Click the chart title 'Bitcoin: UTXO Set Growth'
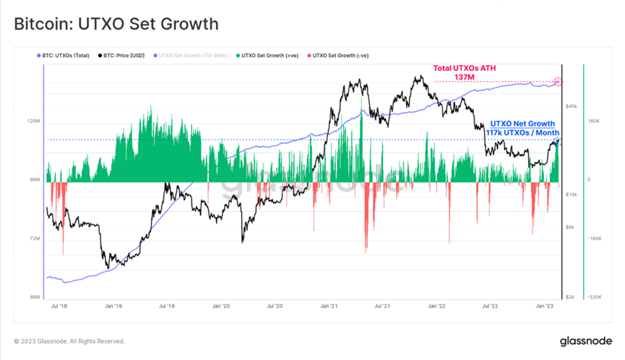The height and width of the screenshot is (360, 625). point(116,24)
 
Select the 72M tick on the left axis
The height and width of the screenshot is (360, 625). point(33,238)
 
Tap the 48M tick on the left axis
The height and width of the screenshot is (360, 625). point(33,296)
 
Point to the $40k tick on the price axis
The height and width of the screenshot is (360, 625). point(571,106)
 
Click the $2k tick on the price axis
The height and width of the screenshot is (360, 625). point(571,296)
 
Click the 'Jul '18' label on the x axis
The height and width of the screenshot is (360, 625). point(58,307)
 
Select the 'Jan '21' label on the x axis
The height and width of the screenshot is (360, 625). point(329,307)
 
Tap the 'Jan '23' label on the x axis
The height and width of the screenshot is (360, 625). point(545,307)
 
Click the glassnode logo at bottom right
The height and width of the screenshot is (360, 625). point(586,340)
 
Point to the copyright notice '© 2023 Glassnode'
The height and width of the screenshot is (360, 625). point(69,341)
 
